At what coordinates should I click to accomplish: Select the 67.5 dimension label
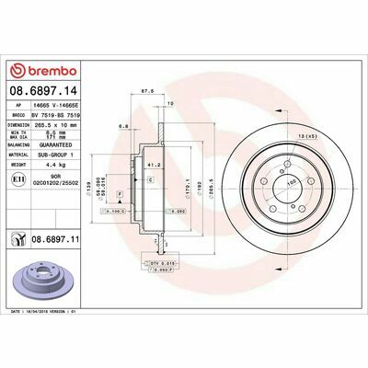144,92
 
